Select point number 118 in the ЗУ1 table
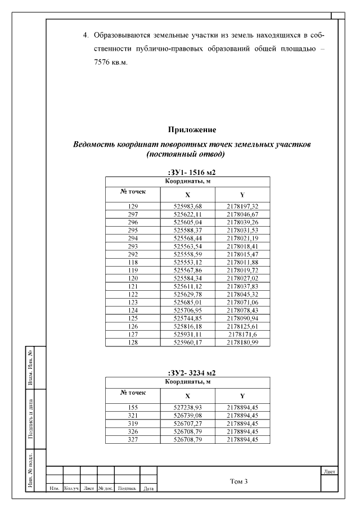tap(133, 262)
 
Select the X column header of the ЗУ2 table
tap(188, 395)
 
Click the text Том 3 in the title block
tap(239, 481)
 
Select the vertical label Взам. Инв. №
tap(30, 366)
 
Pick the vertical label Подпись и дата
tap(30, 418)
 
